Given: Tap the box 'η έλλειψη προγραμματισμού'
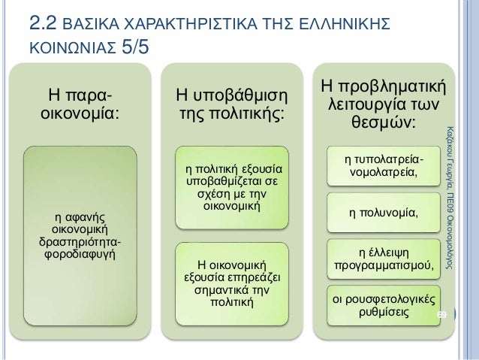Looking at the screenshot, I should tap(384, 257).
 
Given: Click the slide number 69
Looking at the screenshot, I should tap(442, 313).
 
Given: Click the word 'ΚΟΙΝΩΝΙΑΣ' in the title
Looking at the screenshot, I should tap(64, 53).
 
